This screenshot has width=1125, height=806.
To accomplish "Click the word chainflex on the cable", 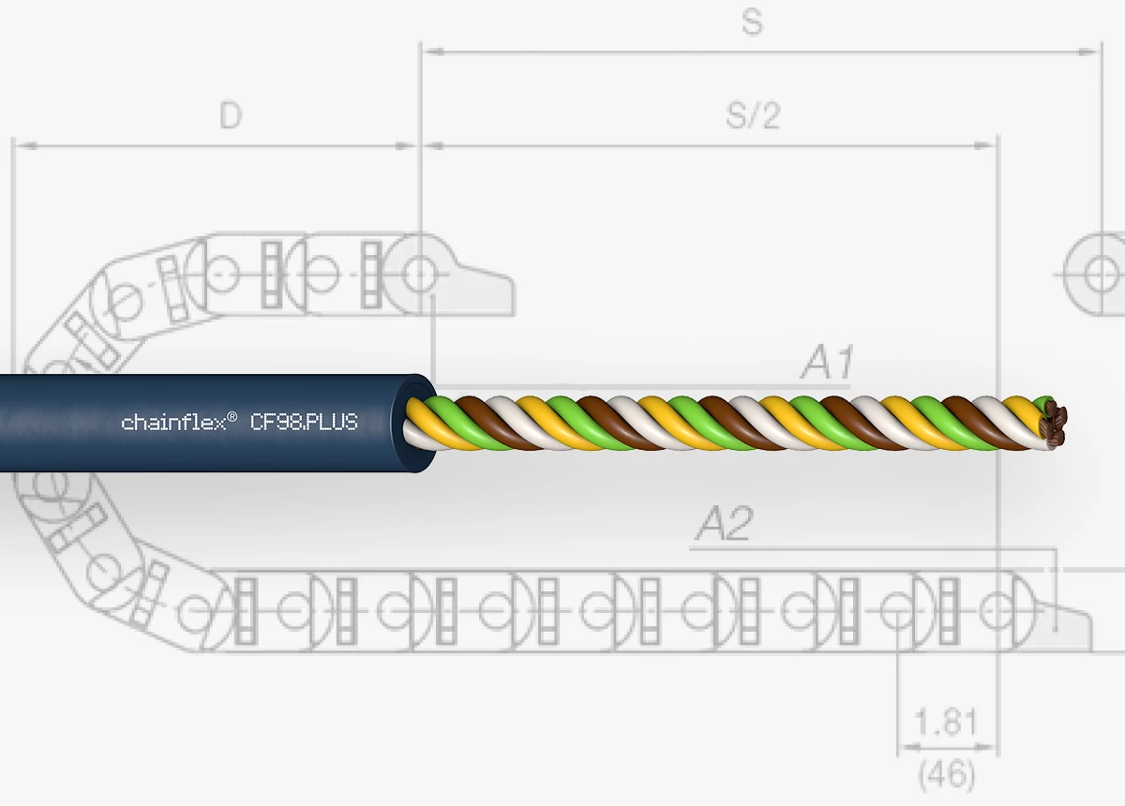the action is click(x=173, y=423).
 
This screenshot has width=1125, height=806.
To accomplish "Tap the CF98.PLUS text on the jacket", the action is click(x=304, y=423).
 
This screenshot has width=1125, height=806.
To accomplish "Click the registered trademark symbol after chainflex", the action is click(x=232, y=417).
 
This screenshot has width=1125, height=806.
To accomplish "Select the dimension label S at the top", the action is click(x=752, y=22).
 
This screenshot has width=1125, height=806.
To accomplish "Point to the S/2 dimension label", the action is click(x=753, y=115).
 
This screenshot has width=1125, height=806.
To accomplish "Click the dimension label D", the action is click(x=231, y=115).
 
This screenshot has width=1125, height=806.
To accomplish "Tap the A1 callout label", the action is click(x=827, y=362).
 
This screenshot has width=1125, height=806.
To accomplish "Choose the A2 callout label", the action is click(x=724, y=523).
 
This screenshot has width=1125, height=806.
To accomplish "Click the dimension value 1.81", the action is click(x=946, y=723).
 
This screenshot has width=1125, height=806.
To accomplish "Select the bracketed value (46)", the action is click(x=946, y=774).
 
